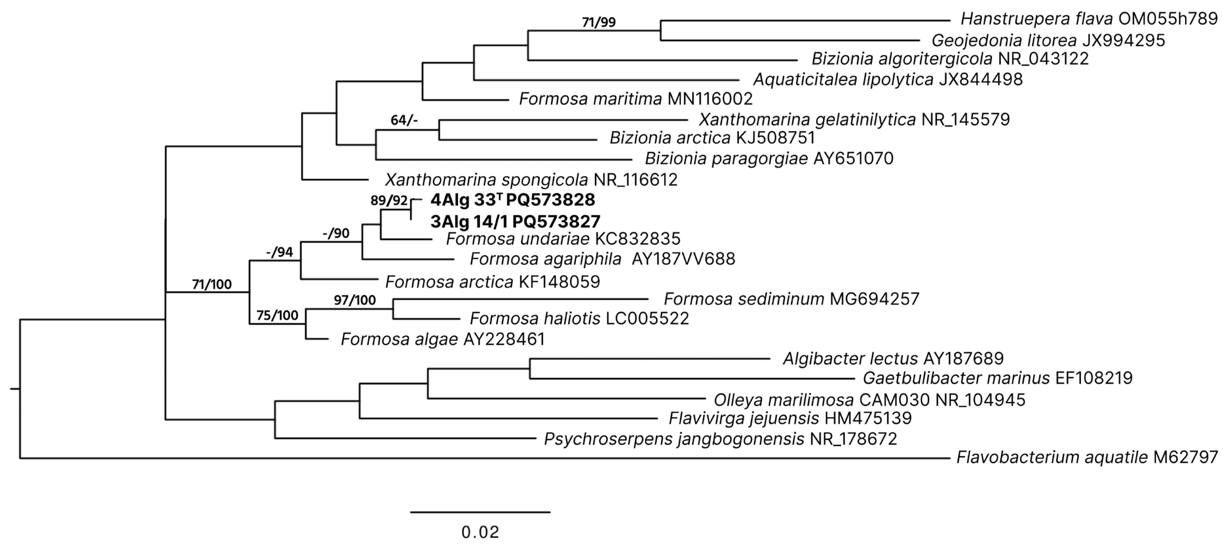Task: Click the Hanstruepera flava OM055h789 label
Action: (1089, 19)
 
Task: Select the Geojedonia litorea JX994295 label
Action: (1048, 41)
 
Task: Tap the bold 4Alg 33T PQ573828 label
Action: (512, 200)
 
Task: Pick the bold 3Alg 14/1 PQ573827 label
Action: (515, 222)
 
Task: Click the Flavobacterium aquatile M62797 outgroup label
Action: (1087, 457)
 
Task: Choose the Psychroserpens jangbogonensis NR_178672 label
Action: (720, 439)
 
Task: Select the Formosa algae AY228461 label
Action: (442, 339)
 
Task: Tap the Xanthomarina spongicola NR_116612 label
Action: (531, 180)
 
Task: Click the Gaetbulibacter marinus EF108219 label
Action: (997, 378)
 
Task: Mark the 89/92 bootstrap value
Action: (389, 200)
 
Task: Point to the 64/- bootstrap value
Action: (404, 120)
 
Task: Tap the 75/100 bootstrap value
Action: (277, 315)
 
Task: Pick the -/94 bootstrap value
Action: (279, 252)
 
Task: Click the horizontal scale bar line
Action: (480, 512)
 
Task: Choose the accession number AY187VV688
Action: (683, 259)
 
